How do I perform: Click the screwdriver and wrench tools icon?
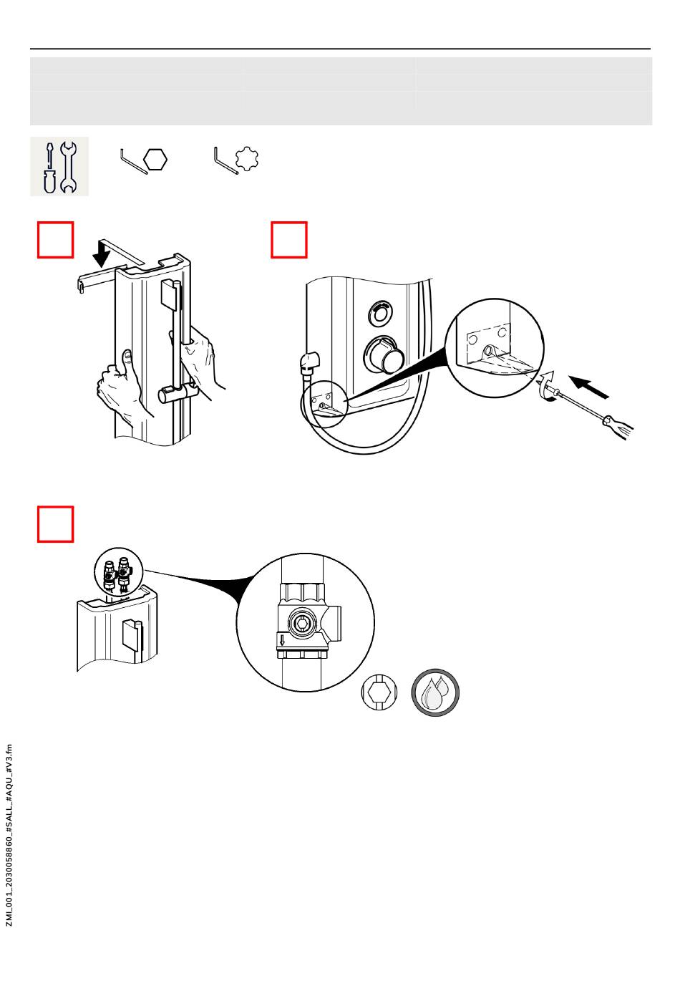tap(59, 166)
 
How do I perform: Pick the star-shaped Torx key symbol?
tap(238, 159)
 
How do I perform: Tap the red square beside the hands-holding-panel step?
tap(56, 240)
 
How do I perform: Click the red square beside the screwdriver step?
tap(289, 240)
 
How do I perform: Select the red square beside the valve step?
tap(56, 525)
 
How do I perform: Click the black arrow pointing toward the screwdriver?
tap(589, 387)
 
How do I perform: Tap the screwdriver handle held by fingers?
tap(617, 425)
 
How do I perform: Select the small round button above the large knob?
tap(379, 312)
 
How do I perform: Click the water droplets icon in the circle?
tap(435, 693)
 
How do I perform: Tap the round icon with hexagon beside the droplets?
tap(379, 692)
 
